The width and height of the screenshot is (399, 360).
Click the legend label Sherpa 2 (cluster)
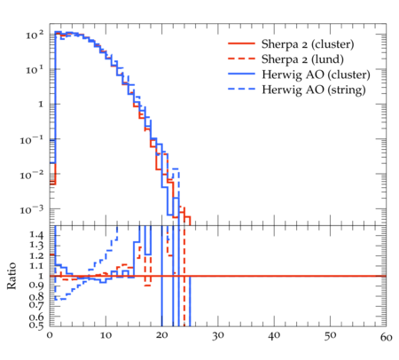[x=308, y=44]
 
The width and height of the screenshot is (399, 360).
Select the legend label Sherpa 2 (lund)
[x=302, y=59]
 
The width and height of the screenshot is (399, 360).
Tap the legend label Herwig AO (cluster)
[x=316, y=74]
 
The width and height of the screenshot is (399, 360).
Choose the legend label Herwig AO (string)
[x=314, y=90]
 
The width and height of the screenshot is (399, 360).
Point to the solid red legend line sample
[x=241, y=43]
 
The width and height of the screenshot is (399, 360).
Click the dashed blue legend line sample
[x=241, y=89]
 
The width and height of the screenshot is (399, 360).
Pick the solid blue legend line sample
[x=241, y=74]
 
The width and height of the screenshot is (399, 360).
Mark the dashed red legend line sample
[x=241, y=59]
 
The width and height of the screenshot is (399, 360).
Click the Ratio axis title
[x=12, y=276]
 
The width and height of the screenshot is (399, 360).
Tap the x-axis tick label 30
[x=218, y=336]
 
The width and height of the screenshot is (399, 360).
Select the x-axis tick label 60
[x=386, y=337]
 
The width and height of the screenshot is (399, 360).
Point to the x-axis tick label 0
[x=50, y=335]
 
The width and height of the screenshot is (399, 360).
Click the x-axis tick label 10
[x=106, y=335]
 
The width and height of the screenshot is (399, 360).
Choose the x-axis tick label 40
[x=274, y=335]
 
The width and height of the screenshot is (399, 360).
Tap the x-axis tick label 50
[x=330, y=336]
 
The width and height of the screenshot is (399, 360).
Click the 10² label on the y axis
[x=35, y=35]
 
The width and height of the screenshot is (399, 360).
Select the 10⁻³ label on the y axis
[x=31, y=209]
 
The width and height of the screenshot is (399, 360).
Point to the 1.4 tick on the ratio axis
[x=36, y=235]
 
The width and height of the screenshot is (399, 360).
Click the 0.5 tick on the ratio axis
[x=36, y=325]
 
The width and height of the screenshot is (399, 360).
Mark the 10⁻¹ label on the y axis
[x=31, y=139]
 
